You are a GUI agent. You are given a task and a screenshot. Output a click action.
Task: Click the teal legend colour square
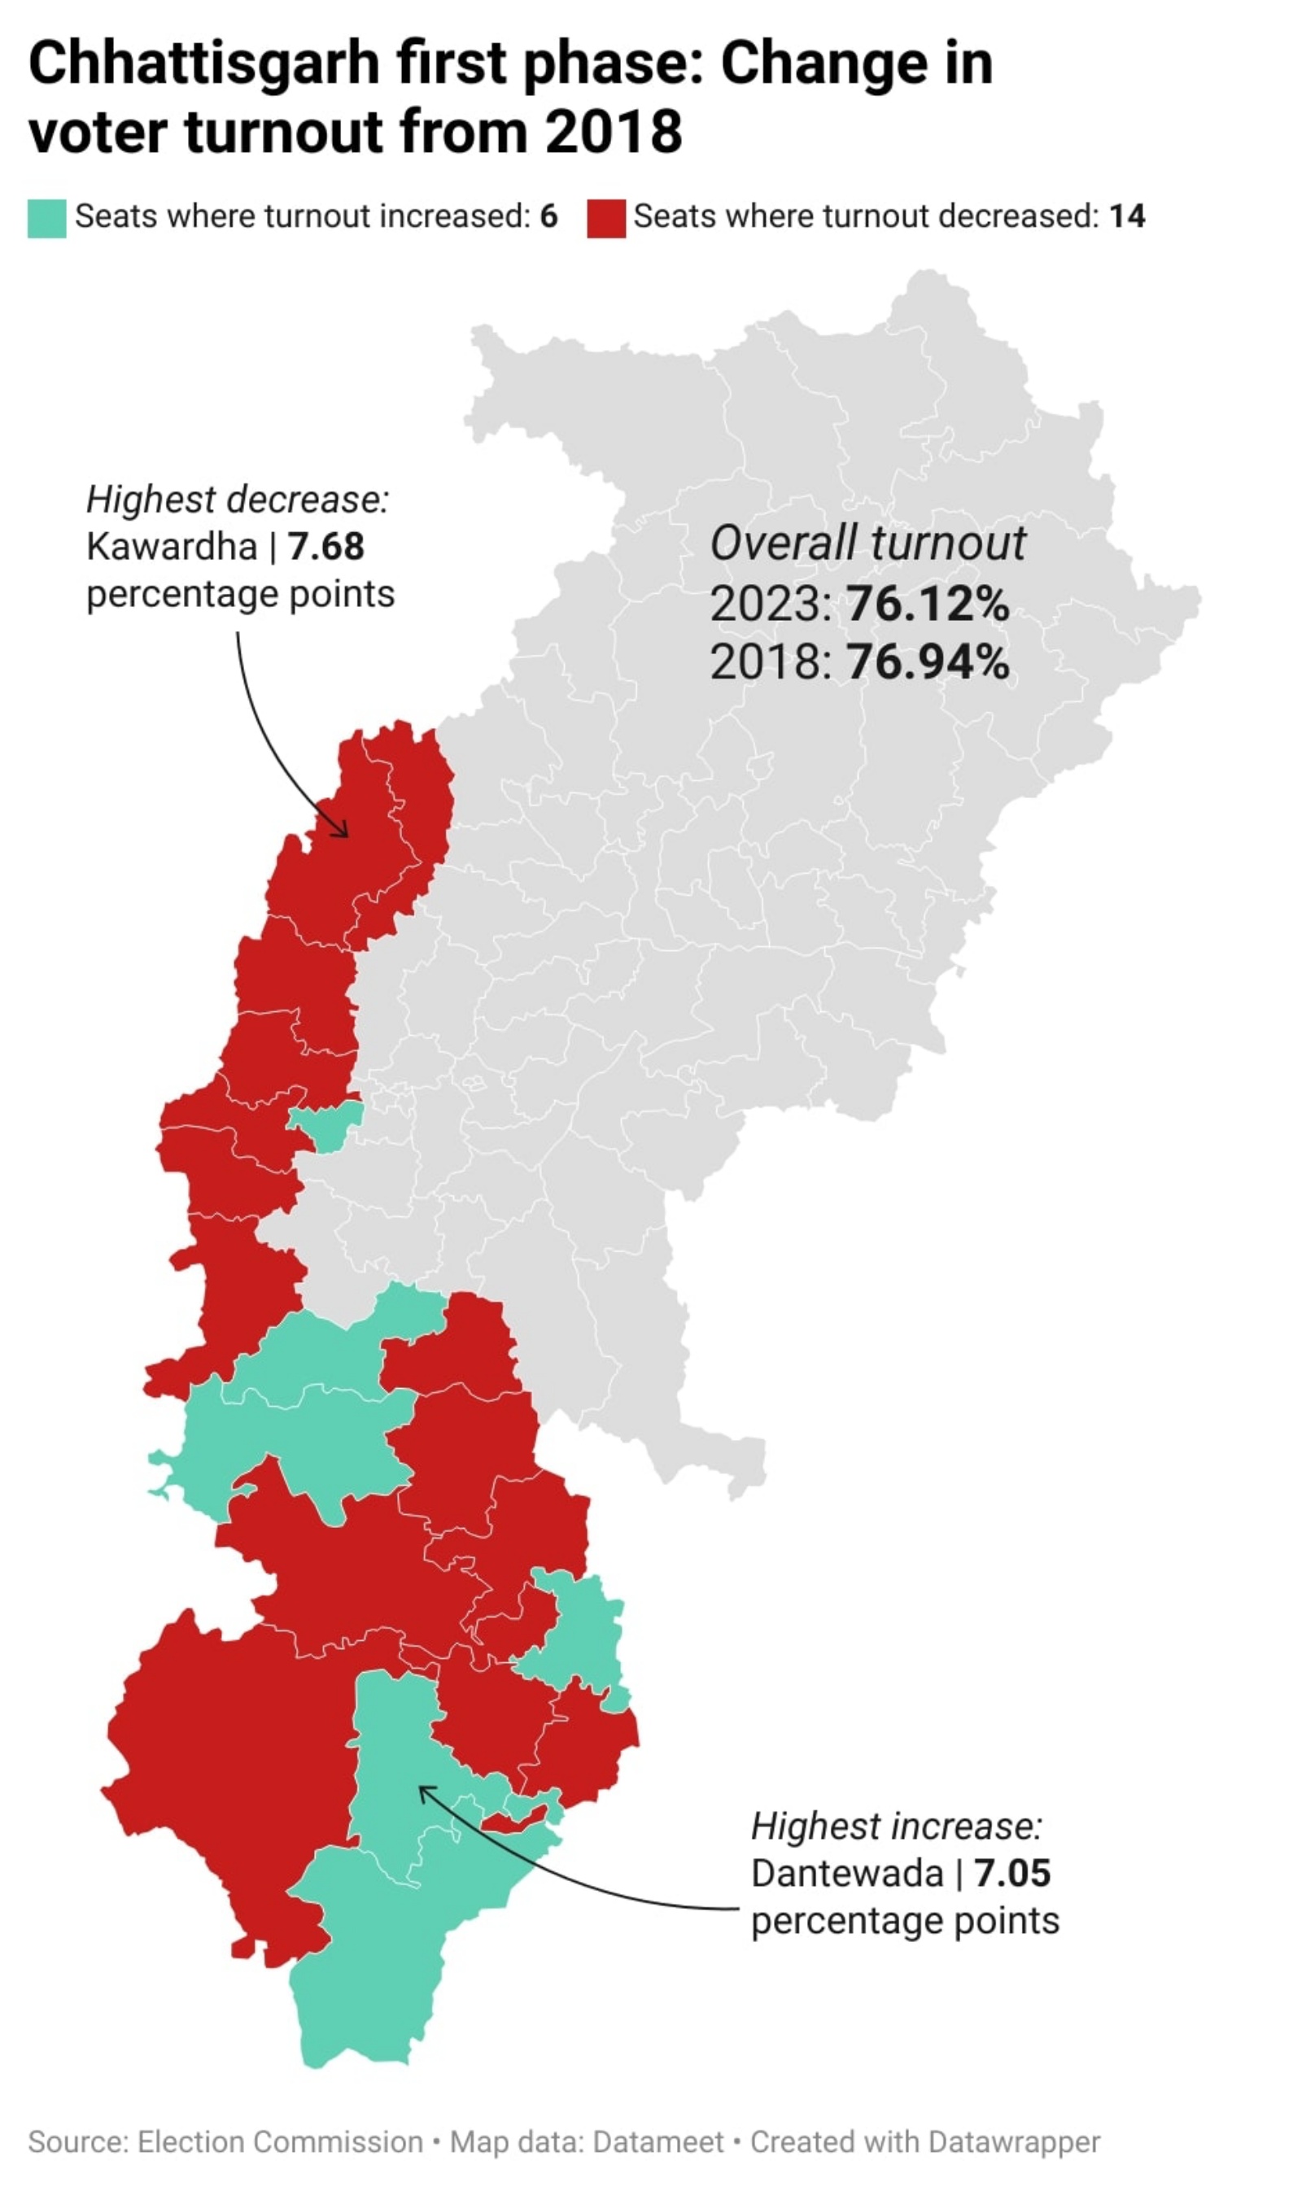pyautogui.click(x=46, y=218)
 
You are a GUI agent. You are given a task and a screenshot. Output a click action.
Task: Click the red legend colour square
pyautogui.click(x=605, y=218)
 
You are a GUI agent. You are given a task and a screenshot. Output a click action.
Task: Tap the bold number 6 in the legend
pyautogui.click(x=548, y=216)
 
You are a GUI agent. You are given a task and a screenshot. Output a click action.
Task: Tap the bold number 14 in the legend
pyautogui.click(x=1126, y=216)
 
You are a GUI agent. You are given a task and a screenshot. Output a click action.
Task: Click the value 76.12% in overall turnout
pyautogui.click(x=928, y=604)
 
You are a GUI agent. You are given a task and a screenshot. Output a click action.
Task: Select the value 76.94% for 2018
pyautogui.click(x=928, y=661)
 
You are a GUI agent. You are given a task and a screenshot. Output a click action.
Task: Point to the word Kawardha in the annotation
pyautogui.click(x=172, y=548)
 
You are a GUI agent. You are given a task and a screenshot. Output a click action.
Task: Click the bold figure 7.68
pyautogui.click(x=325, y=548)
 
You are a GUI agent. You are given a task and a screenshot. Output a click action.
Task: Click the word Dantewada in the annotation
pyautogui.click(x=846, y=1874)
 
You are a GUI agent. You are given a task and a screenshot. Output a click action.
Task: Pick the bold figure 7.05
pyautogui.click(x=1011, y=1874)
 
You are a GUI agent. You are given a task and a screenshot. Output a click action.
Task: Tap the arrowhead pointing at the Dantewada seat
pyautogui.click(x=424, y=1789)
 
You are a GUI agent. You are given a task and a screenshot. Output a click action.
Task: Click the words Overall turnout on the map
pyautogui.click(x=867, y=543)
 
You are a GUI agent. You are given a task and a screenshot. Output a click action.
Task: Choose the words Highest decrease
pyautogui.click(x=237, y=500)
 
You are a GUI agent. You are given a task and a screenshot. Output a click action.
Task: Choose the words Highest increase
pyautogui.click(x=896, y=1827)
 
